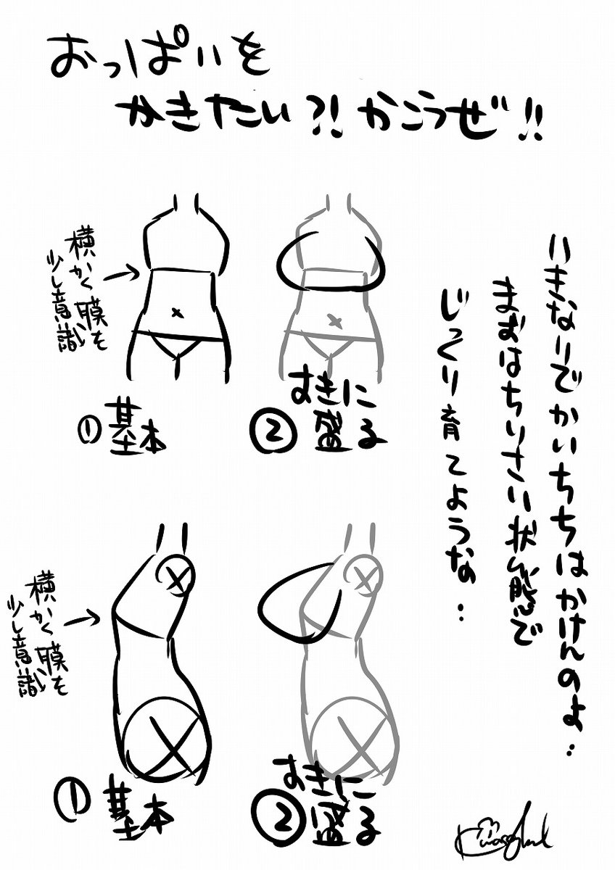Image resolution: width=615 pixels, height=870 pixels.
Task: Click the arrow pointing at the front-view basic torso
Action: tap(120, 274)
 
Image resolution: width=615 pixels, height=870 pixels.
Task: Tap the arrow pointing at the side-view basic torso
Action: tap(82, 618)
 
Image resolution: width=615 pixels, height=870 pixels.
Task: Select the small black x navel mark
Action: tap(176, 312)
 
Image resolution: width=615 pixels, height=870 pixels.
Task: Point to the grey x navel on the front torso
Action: tap(334, 319)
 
